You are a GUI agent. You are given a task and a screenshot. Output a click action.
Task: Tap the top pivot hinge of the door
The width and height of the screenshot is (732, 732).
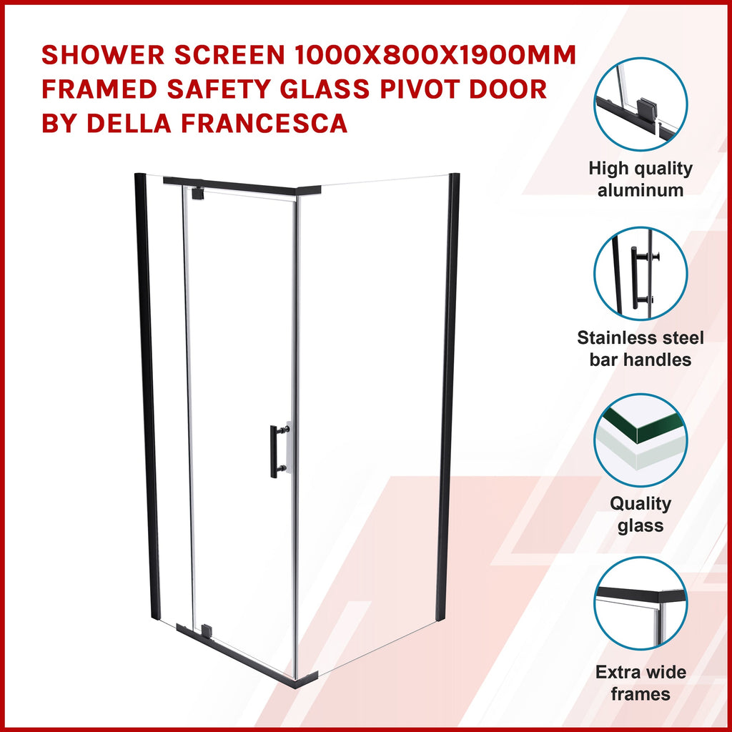(197, 193)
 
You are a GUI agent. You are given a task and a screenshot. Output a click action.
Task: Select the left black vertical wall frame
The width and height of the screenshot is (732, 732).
(147, 397)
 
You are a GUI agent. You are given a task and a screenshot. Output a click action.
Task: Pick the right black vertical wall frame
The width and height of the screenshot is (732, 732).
(447, 397)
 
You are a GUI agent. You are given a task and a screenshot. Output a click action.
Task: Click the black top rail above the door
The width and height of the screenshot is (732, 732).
(242, 187)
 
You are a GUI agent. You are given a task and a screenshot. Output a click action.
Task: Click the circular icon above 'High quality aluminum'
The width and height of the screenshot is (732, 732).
(640, 104)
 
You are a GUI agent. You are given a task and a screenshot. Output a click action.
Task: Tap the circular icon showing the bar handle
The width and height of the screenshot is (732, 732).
(640, 274)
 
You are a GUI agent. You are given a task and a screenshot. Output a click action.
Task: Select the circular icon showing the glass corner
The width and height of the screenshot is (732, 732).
(640, 440)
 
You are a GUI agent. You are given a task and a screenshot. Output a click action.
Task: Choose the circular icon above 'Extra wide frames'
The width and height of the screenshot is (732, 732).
(640, 603)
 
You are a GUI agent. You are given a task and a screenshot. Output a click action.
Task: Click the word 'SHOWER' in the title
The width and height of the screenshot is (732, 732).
(103, 55)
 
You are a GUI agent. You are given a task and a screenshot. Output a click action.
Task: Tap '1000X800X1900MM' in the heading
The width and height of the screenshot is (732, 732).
(435, 55)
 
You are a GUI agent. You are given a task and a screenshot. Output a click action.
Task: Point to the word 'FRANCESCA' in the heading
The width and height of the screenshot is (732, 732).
(264, 123)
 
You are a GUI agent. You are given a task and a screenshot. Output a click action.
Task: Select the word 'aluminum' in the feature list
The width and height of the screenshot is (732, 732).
(640, 190)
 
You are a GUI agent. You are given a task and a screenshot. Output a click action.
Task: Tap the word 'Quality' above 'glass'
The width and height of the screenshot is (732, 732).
(640, 504)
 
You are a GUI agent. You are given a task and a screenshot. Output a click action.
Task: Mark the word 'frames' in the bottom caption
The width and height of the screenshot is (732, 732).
(640, 694)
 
